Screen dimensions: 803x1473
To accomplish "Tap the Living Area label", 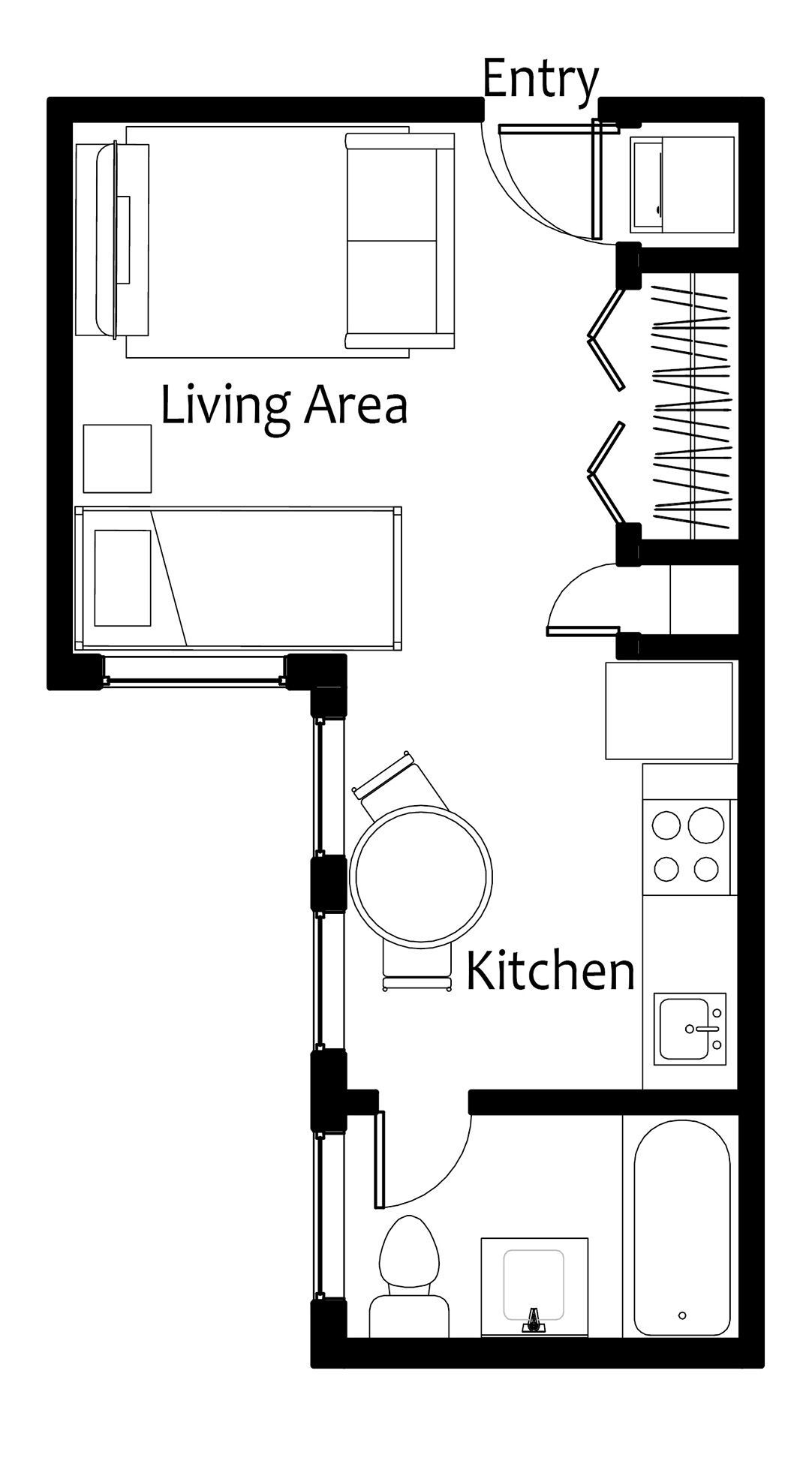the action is tap(284, 405).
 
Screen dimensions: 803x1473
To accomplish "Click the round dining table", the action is tap(422, 874).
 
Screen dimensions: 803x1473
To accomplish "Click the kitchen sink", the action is tap(690, 1028).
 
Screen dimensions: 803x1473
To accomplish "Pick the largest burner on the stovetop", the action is tap(706, 825).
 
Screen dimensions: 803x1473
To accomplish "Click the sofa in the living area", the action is tap(399, 241).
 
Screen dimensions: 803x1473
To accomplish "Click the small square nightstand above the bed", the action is tap(117, 458).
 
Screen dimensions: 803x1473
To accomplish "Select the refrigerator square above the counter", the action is tap(669, 710).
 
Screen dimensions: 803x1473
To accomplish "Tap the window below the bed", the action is tap(194, 681).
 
